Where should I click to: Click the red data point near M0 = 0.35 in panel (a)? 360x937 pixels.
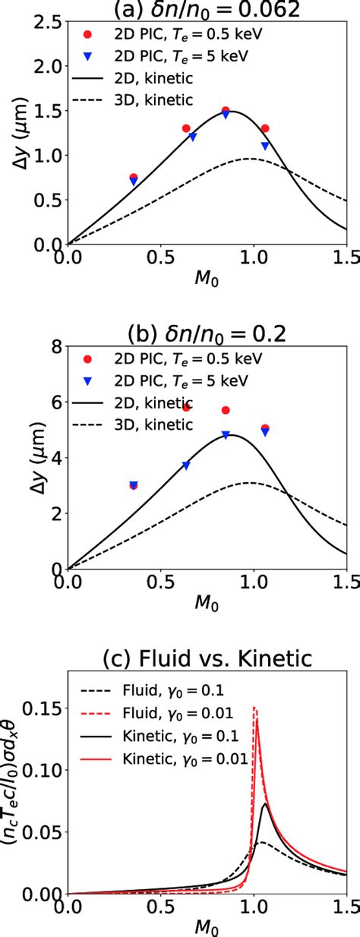(134, 178)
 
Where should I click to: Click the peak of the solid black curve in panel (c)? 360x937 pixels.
(264, 803)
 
